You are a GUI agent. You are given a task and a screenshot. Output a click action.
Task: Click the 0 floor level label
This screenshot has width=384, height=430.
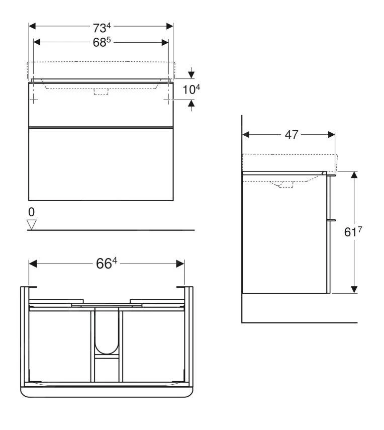point(31,211)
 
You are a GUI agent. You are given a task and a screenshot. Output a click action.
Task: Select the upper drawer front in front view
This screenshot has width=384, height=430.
point(101,105)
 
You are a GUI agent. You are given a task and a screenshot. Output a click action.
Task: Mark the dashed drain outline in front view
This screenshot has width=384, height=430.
point(101,92)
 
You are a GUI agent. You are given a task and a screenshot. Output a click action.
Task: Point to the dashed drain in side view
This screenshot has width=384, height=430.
point(285,184)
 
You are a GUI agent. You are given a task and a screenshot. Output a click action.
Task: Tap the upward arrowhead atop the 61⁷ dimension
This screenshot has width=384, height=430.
point(354,176)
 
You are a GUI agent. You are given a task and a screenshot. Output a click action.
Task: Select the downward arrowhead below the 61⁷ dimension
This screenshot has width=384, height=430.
point(354,289)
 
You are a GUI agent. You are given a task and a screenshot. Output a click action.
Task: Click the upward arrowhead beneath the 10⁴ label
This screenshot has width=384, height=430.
point(191,104)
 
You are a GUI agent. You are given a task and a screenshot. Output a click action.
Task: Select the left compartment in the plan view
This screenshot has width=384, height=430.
point(61,345)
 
